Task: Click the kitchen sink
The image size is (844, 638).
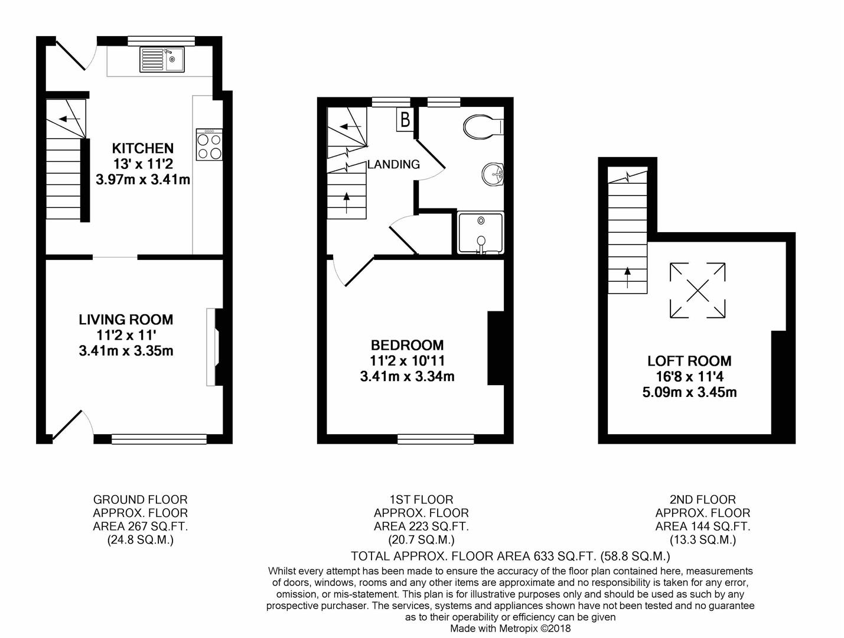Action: pos(162,59)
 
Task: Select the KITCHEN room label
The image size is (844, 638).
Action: pos(143,148)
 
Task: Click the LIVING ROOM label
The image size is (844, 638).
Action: pos(126,320)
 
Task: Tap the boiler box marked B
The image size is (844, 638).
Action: pos(405,120)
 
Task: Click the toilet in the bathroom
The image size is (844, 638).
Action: pos(483,126)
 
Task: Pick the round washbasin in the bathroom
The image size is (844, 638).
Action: pos(492,174)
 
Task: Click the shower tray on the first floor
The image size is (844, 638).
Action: pos(481,233)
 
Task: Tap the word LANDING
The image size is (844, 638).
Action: pos(393,164)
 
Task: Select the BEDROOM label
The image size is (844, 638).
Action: pos(407,345)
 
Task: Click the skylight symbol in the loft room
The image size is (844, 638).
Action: pos(698,290)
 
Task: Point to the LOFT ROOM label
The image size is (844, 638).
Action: pos(689,361)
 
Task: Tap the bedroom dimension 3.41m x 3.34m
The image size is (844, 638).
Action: pos(407,376)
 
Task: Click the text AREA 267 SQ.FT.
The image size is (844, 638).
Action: pos(140,526)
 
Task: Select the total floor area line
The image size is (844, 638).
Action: pos(510,556)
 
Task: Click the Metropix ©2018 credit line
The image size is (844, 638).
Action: pos(510,629)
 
